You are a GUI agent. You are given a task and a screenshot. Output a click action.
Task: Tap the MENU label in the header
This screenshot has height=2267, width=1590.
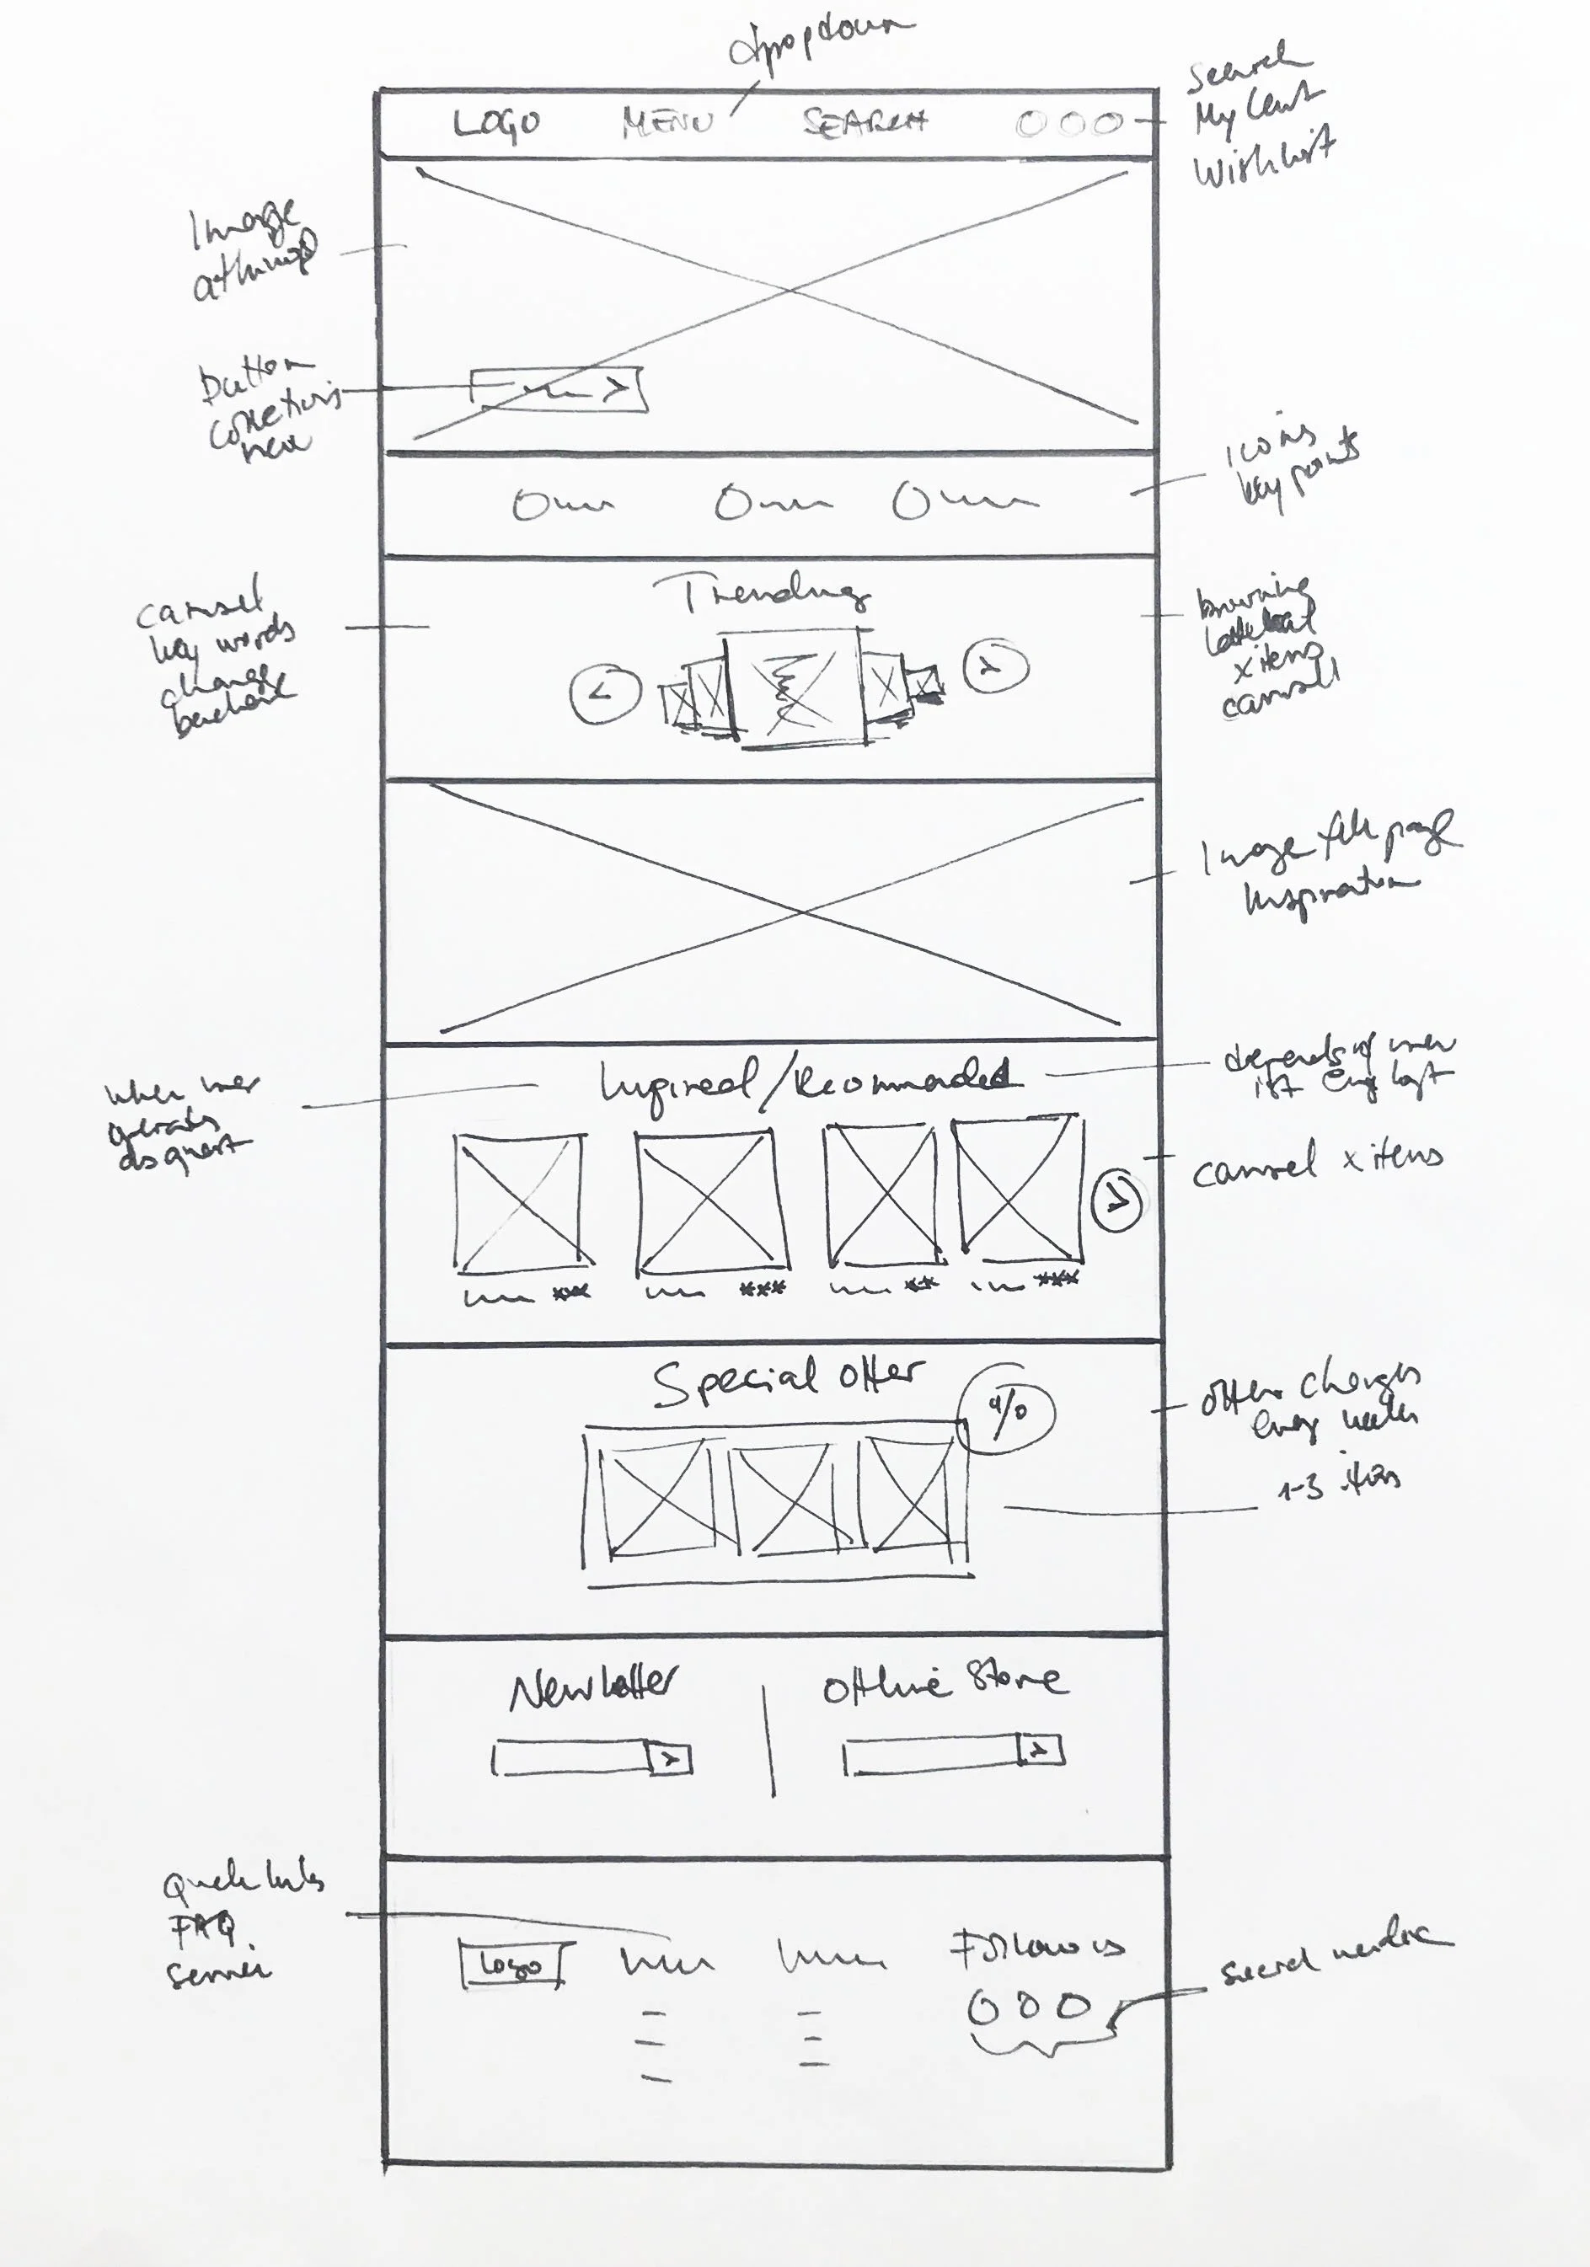[x=667, y=122]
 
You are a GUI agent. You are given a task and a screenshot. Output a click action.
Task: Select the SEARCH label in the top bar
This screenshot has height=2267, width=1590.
[x=865, y=121]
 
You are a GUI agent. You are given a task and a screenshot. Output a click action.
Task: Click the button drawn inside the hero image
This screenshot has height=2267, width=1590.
[x=558, y=389]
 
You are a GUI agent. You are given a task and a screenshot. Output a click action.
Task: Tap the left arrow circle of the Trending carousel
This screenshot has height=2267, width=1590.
[x=604, y=692]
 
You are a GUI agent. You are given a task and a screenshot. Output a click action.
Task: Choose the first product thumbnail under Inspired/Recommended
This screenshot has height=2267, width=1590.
[x=519, y=1204]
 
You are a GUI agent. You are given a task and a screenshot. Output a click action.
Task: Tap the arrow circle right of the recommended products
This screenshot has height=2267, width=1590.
[x=1117, y=1200]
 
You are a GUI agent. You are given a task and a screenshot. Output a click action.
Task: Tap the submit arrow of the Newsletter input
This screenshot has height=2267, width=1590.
[x=670, y=1758]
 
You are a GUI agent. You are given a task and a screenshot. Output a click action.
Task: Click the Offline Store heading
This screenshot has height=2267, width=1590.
[x=944, y=1681]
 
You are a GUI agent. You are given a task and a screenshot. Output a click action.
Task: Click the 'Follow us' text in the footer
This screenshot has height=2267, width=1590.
[x=1037, y=1947]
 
